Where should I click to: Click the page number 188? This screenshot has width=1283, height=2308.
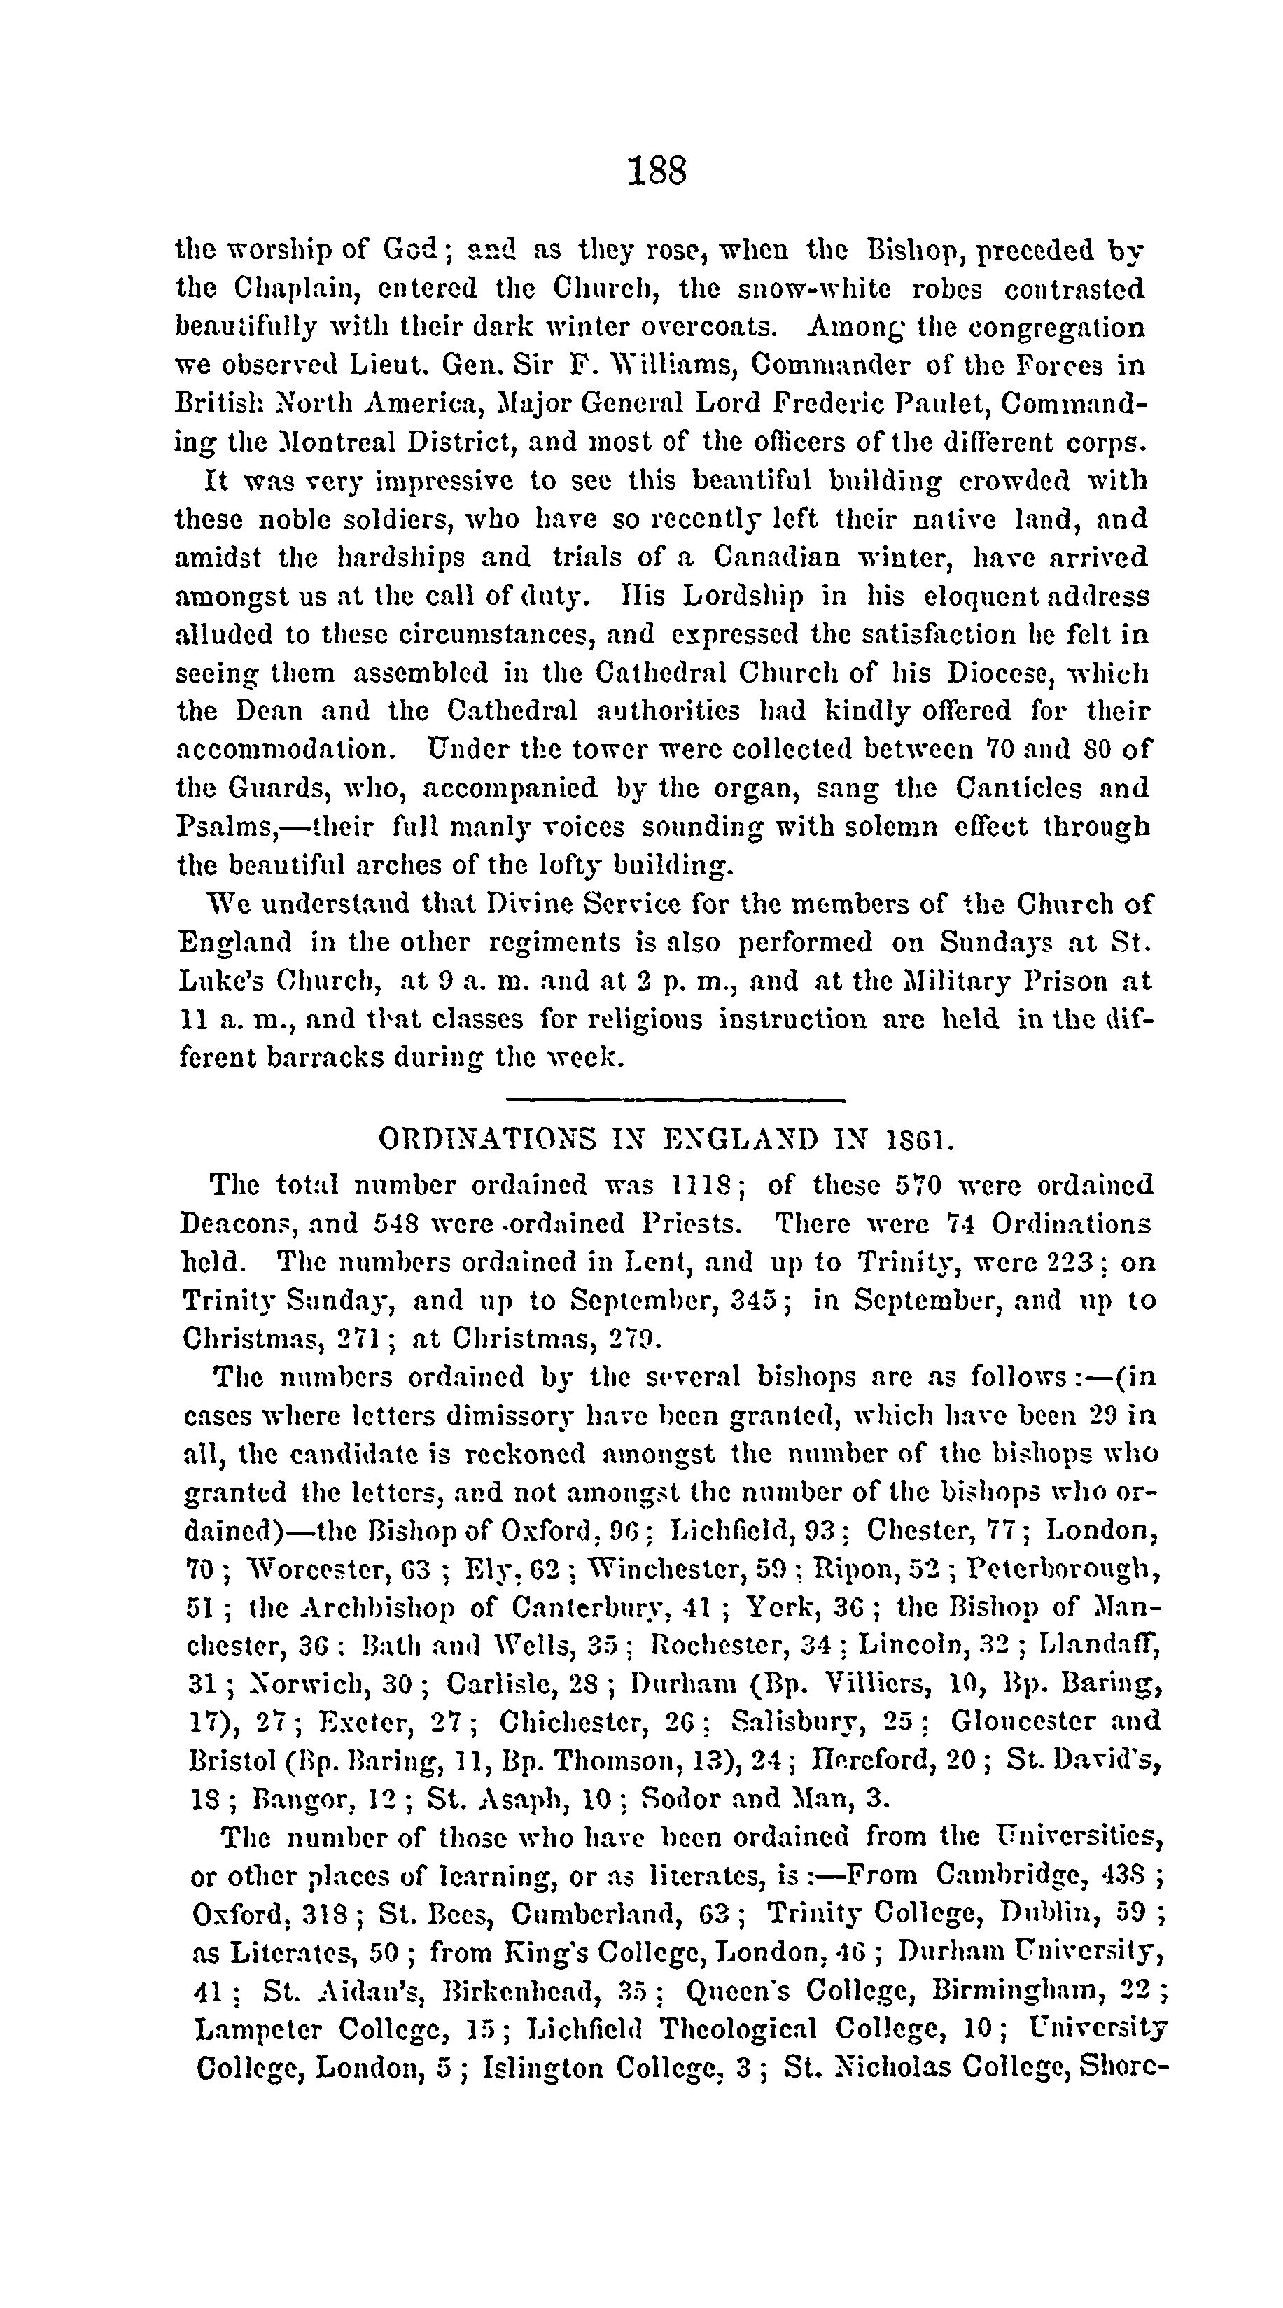pos(657,169)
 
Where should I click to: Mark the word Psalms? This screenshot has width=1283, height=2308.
pos(223,827)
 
